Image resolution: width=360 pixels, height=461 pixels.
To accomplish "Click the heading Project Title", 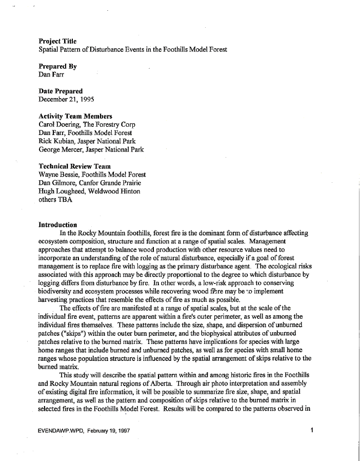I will pos(58,41).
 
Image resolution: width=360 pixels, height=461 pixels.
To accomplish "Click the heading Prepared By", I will pos(58,66).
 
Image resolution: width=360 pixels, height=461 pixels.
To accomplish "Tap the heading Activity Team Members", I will pos(75,116).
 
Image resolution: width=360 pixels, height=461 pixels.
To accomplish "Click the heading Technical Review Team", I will pos(74,166).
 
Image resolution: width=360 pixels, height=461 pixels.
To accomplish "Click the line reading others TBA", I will pos(55,200).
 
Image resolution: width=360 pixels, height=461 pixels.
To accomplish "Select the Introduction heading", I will pos(58,225).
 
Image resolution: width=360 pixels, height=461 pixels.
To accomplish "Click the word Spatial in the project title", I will pos(50,50).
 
